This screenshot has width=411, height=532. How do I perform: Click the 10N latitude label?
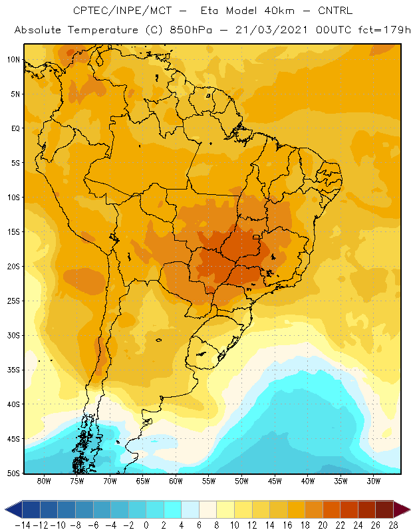click(13, 60)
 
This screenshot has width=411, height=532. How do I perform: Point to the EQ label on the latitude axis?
click(15, 128)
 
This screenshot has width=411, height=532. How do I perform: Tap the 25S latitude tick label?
click(13, 301)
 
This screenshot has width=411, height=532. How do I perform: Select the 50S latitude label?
click(13, 473)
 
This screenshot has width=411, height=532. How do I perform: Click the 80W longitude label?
click(44, 481)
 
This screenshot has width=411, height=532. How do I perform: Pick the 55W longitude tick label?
click(209, 481)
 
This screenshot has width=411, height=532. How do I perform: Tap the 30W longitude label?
click(374, 481)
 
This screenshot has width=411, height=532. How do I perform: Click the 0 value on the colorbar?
click(146, 525)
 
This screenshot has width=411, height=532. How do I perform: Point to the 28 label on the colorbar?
click(393, 525)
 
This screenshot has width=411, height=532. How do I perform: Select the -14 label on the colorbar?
click(23, 525)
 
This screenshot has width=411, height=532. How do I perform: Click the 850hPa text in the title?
click(191, 30)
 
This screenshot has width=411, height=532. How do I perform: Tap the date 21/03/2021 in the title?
click(271, 30)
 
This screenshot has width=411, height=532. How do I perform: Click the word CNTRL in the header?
click(335, 11)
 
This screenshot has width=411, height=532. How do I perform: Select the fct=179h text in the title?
click(384, 30)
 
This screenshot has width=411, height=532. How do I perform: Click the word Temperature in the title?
click(103, 30)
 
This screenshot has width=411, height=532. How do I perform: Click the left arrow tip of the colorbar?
click(5, 509)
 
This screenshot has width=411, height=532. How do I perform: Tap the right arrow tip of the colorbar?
click(410, 509)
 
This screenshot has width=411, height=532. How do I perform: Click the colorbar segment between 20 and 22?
click(332, 509)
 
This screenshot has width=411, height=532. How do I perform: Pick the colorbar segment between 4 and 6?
click(190, 509)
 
